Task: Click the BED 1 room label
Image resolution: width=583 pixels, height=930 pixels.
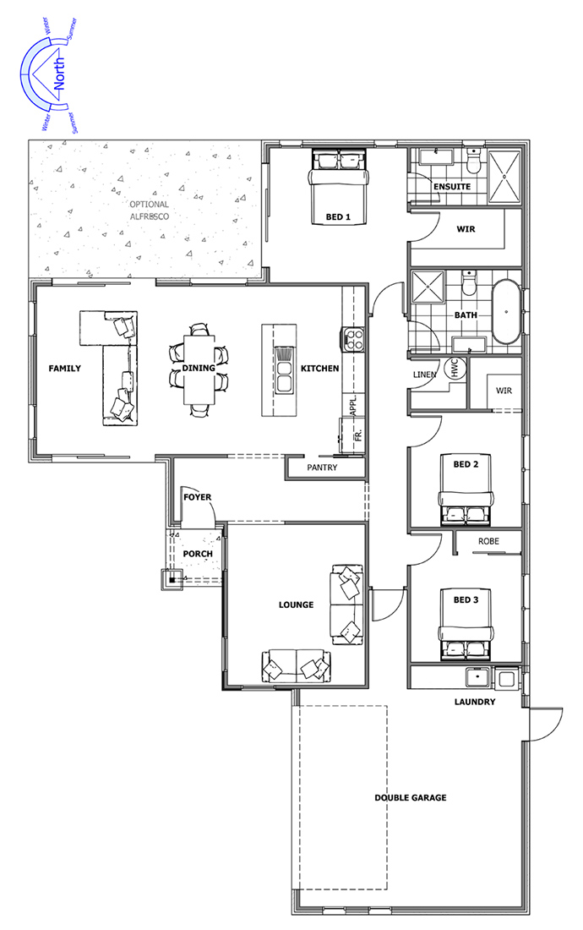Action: [x=338, y=217]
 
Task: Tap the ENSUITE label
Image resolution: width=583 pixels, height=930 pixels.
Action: [x=452, y=186]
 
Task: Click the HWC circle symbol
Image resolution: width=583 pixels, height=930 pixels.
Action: [x=455, y=369]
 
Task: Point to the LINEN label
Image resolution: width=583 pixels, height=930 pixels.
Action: [x=424, y=375]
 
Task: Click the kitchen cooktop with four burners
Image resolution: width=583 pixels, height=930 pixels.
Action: [x=352, y=338]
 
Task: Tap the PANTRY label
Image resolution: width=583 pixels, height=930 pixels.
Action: [x=322, y=468]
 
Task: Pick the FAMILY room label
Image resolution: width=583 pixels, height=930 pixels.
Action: [x=64, y=369]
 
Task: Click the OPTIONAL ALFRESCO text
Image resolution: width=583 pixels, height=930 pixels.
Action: [x=150, y=211]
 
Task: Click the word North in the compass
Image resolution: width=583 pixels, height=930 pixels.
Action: [x=58, y=74]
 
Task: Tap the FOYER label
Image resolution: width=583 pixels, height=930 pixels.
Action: [x=198, y=497]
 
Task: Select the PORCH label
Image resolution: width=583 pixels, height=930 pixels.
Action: [x=198, y=554]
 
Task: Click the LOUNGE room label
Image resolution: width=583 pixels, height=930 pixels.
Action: [x=297, y=605]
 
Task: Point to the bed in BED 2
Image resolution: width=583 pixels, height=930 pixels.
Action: [x=466, y=490]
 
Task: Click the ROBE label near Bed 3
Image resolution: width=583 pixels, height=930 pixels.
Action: [x=489, y=541]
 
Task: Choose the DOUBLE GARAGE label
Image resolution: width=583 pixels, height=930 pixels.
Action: [x=411, y=798]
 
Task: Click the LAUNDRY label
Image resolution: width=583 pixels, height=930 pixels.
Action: [x=475, y=702]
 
